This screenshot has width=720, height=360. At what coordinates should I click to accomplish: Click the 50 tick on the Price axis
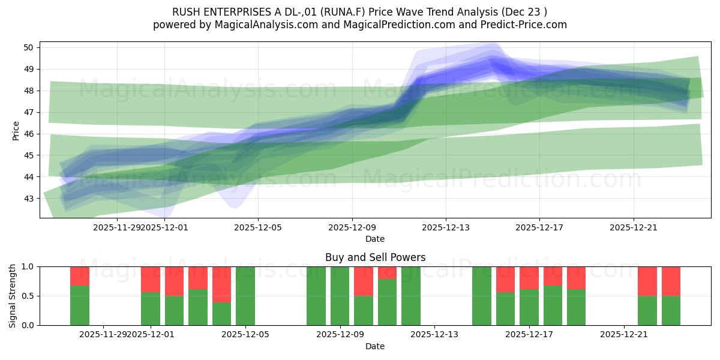click(28, 47)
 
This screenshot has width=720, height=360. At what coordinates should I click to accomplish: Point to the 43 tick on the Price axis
click(28, 199)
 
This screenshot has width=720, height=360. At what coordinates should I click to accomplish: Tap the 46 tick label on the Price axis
click(28, 134)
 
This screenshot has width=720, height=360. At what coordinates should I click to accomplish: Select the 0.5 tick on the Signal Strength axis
click(28, 296)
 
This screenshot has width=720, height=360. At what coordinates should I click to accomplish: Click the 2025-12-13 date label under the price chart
click(445, 227)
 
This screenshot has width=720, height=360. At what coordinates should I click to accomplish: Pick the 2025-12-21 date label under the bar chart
click(623, 335)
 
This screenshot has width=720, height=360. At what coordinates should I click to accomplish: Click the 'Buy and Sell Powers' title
click(375, 257)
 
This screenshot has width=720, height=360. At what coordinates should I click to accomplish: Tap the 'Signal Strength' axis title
click(12, 296)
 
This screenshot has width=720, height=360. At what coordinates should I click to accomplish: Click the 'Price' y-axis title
click(16, 131)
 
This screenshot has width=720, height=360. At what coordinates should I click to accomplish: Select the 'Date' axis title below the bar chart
click(375, 346)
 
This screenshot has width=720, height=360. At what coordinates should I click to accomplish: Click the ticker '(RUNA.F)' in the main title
click(344, 12)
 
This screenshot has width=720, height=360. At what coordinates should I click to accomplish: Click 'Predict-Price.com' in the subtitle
click(524, 25)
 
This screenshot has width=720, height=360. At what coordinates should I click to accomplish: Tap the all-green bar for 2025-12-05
click(245, 296)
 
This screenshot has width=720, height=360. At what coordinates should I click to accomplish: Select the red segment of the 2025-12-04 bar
click(222, 284)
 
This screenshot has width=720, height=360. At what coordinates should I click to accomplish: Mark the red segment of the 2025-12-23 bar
click(671, 281)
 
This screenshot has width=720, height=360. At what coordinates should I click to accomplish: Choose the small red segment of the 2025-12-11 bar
click(388, 273)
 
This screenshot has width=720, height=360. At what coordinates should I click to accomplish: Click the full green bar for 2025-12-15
click(482, 296)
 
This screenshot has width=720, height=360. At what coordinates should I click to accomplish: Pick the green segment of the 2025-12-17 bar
click(529, 307)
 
